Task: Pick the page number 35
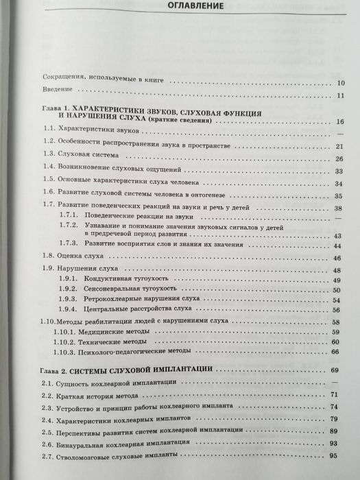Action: tap(338, 195)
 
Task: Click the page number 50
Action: tap(337, 291)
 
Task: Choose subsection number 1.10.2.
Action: tap(67, 341)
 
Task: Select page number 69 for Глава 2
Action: tap(335, 370)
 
